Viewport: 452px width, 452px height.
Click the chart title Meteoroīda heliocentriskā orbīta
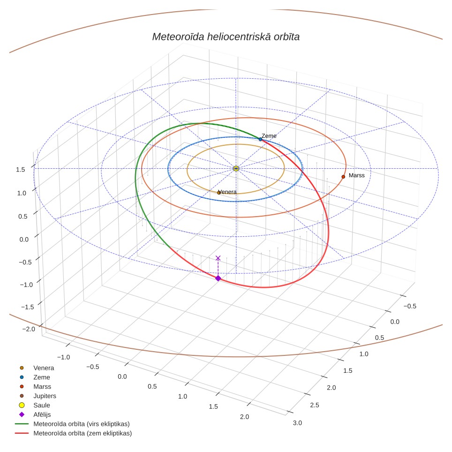pos(226,37)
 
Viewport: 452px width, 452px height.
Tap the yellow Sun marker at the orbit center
pos(236,169)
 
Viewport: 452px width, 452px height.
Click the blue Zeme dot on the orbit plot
pos(260,139)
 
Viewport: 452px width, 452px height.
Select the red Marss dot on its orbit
pos(343,177)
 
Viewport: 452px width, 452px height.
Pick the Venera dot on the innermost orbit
pos(218,193)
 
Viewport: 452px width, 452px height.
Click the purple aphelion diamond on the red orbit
pos(218,278)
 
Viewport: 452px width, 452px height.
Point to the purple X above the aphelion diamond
pos(218,258)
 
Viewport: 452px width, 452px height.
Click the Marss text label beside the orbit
pos(357,175)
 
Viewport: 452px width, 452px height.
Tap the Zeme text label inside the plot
pos(269,136)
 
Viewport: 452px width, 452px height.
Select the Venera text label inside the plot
pos(228,192)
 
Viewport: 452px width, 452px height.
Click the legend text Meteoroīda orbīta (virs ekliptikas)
pos(82,424)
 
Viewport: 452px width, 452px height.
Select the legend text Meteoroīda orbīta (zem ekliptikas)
pos(83,433)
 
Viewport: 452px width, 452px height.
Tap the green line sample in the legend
pos(22,424)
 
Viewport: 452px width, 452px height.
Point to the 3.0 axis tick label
pos(297,423)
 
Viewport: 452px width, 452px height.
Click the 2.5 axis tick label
pos(315,405)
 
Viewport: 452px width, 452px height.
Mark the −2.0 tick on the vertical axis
pos(29,329)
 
